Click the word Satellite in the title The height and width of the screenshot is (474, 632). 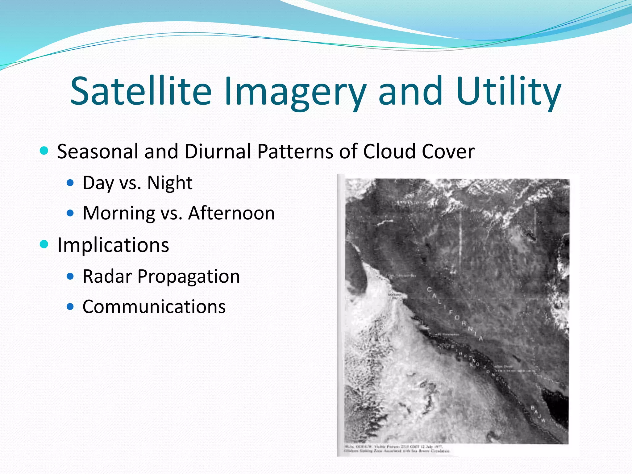tap(141, 91)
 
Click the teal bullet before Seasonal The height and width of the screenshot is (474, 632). tap(44, 151)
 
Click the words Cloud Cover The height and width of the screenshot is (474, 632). tap(418, 152)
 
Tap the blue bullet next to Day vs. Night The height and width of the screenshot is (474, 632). tap(70, 183)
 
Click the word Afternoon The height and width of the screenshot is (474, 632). tap(231, 213)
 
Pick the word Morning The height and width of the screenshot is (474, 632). tap(119, 214)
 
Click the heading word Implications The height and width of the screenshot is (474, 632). tap(113, 245)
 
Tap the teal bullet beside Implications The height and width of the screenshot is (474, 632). tap(44, 244)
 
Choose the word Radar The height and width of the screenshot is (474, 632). tap(107, 276)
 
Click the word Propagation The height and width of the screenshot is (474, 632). tap(189, 277)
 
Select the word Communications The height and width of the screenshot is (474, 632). tap(154, 307)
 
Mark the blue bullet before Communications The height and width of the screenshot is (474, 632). tap(70, 307)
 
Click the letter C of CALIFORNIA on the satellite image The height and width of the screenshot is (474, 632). tap(429, 289)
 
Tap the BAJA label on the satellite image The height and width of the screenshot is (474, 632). tap(538, 414)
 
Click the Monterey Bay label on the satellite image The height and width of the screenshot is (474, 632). tap(395, 296)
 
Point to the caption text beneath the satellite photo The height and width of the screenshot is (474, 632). tap(397, 449)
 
